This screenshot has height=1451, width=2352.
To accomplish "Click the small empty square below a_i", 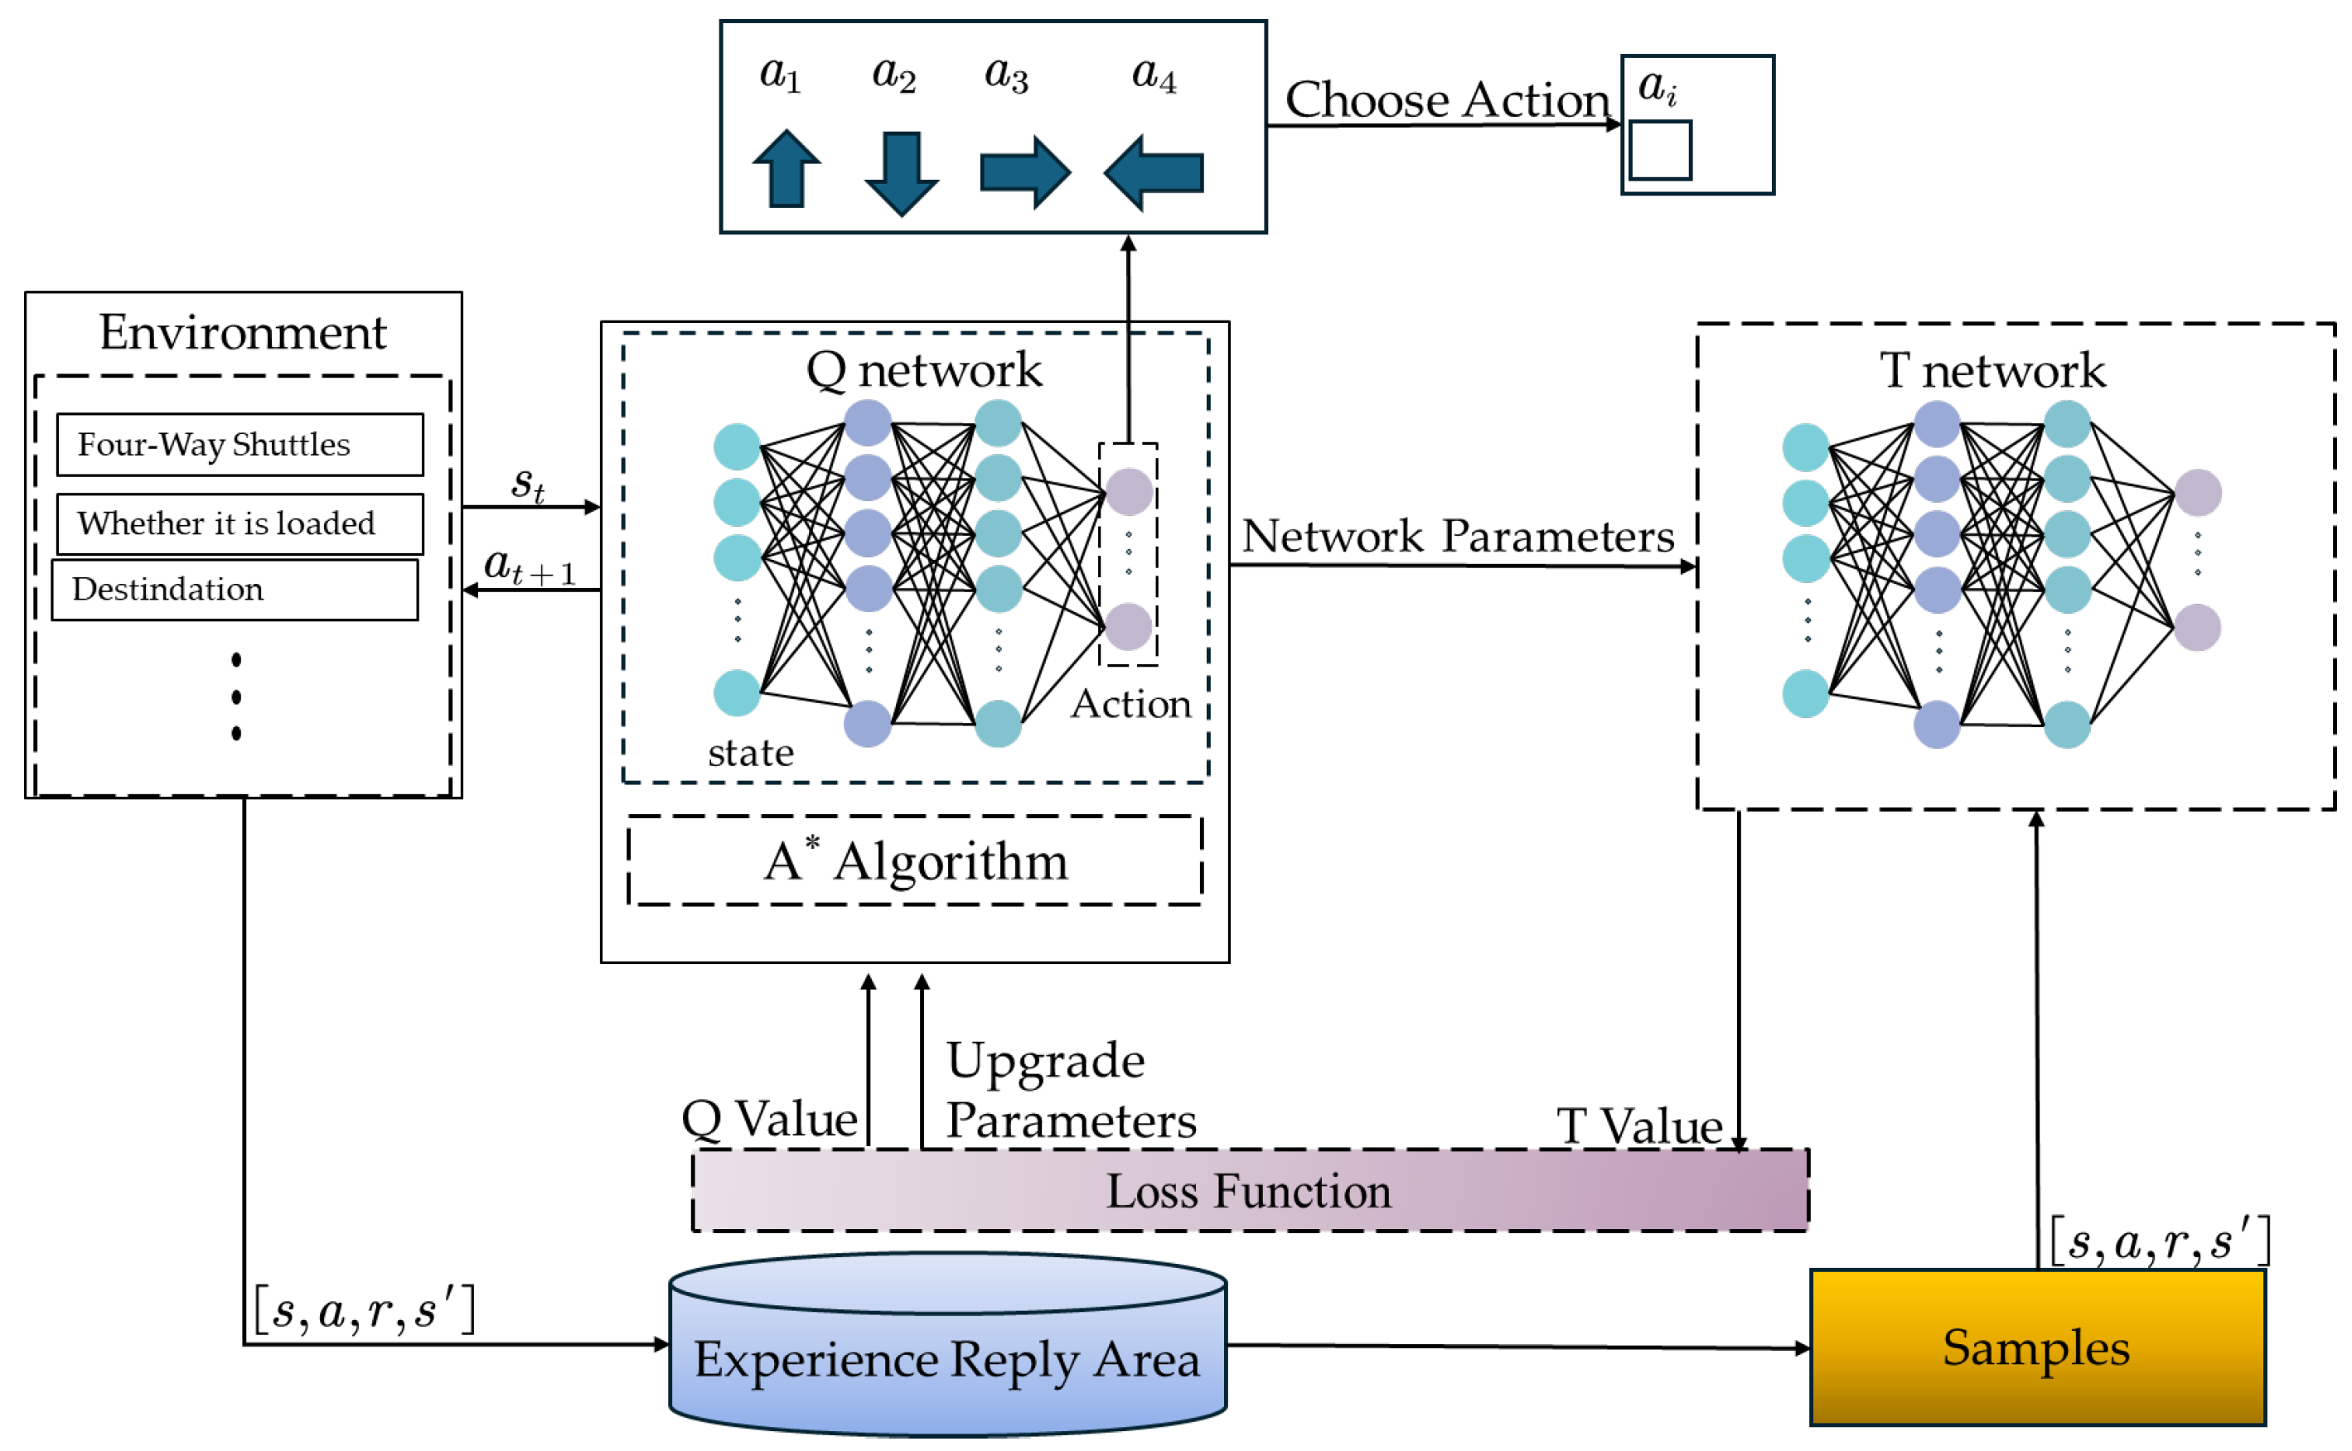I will pyautogui.click(x=1660, y=150).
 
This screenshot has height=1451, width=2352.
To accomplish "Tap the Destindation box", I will pyautogui.click(x=235, y=589).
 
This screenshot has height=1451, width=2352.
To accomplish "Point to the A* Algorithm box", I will pyautogui.click(x=915, y=860).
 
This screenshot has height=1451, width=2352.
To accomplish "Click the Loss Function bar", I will pyautogui.click(x=1249, y=1191).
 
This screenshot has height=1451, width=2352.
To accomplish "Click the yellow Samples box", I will pyautogui.click(x=2036, y=1347).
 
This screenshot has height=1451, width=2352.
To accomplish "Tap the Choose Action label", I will pyautogui.click(x=1447, y=100).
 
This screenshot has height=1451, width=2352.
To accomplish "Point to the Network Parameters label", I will pyautogui.click(x=1457, y=536).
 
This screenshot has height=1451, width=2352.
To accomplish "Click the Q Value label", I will pyautogui.click(x=769, y=1119).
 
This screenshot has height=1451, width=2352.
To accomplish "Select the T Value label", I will pyautogui.click(x=1638, y=1126).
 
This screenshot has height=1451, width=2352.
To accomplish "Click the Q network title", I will pyautogui.click(x=923, y=369).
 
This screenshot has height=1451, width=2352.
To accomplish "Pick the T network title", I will pyautogui.click(x=1992, y=370).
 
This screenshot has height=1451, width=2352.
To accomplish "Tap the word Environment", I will pyautogui.click(x=243, y=333).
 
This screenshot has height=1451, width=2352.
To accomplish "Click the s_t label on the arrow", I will pyautogui.click(x=528, y=483).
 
